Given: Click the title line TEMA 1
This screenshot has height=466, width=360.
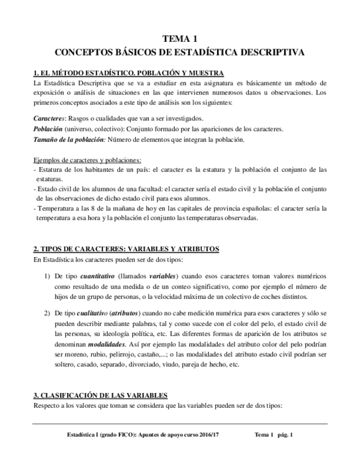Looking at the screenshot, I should (x=180, y=39).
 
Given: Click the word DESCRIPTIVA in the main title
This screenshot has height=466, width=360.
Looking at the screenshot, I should (x=273, y=53).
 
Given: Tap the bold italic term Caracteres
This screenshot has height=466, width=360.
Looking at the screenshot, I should (x=49, y=119).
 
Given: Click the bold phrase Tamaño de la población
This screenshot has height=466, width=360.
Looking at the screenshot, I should (x=68, y=140).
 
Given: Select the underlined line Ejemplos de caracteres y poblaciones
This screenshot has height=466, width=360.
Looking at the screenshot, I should (x=87, y=160).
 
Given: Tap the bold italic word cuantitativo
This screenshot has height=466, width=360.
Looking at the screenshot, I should (x=98, y=276).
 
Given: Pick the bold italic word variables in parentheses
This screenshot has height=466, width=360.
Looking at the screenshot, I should (x=163, y=276).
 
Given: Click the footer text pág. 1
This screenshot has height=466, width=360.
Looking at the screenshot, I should (x=284, y=435).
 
